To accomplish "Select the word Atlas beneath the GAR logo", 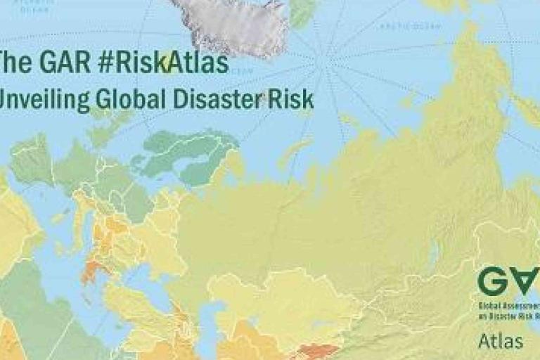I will (x=501, y=342).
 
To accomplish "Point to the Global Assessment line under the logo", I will (x=508, y=307).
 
